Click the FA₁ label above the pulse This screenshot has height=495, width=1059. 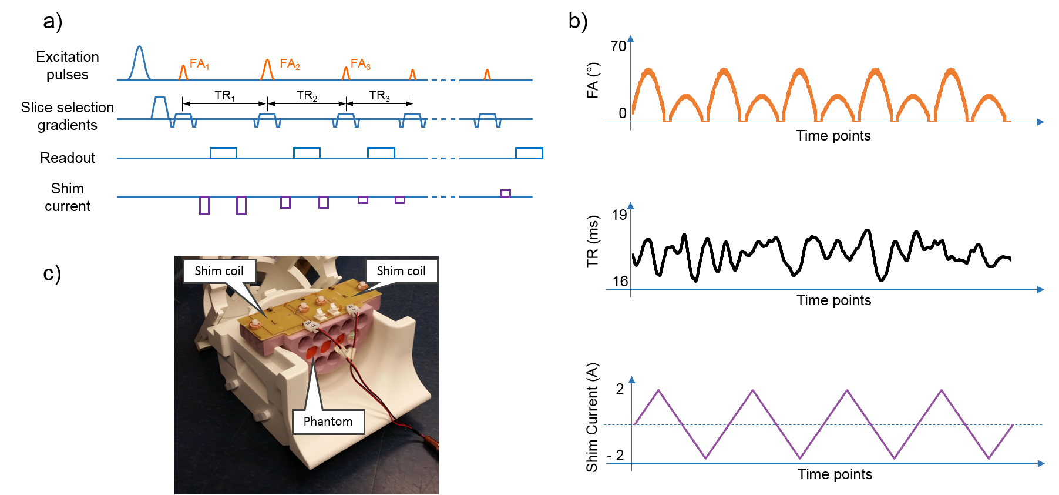(199, 64)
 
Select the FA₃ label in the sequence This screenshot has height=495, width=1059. (360, 64)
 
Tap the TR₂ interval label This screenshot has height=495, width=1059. (307, 96)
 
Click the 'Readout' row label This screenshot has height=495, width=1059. (68, 158)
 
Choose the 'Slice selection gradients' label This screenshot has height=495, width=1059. (68, 116)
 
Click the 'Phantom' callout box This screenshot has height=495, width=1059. (328, 422)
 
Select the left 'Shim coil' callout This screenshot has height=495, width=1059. (219, 271)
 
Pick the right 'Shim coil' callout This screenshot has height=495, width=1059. (401, 271)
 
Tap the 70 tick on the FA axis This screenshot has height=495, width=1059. (618, 46)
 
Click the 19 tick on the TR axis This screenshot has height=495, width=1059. (619, 215)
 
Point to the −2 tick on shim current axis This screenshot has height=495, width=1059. (616, 456)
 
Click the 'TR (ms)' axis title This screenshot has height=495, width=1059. (593, 242)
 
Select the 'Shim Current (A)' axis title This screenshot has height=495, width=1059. (592, 417)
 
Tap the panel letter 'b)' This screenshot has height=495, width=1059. (578, 21)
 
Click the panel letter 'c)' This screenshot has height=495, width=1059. (52, 274)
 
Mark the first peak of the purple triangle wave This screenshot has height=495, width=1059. (659, 390)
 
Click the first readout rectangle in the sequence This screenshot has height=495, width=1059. (223, 153)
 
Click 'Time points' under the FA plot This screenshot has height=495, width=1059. (833, 136)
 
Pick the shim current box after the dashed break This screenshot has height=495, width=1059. (505, 193)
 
